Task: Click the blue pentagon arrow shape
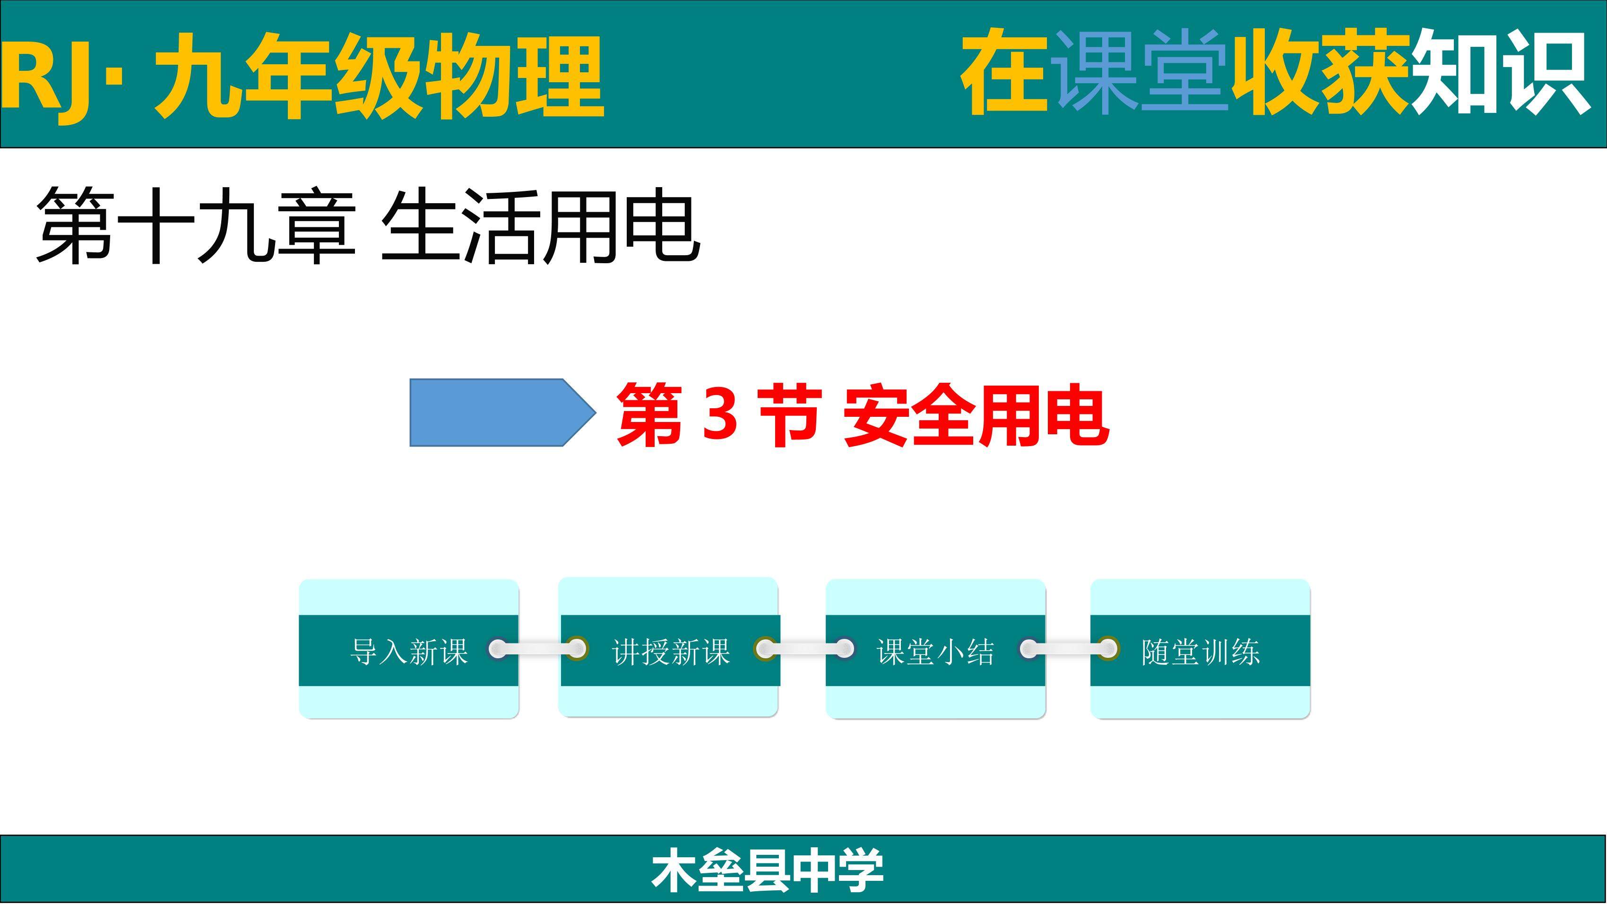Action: pos(502,413)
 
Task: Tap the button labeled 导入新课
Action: pos(409,649)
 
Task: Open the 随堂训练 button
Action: pos(1200,649)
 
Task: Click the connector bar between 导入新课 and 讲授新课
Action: pos(538,649)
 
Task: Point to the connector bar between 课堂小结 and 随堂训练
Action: pos(1069,649)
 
